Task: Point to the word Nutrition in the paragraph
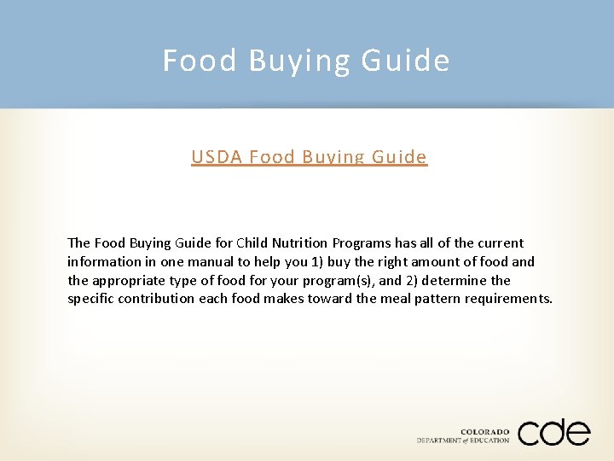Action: (x=299, y=243)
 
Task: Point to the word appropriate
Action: (x=125, y=281)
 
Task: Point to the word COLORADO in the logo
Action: (x=485, y=432)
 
